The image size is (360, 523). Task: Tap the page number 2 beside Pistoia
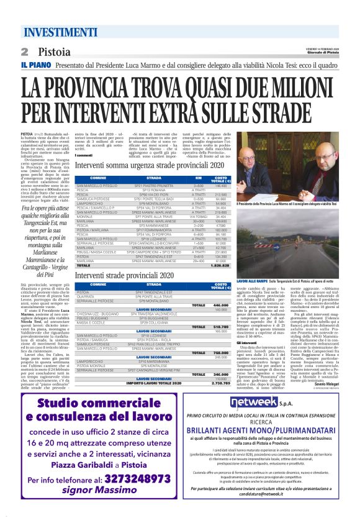point(25,52)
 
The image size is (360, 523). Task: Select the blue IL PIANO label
point(34,65)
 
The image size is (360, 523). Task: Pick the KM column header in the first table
point(198,179)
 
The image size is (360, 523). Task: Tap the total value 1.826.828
point(220,265)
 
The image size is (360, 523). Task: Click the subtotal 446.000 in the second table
point(220,306)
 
